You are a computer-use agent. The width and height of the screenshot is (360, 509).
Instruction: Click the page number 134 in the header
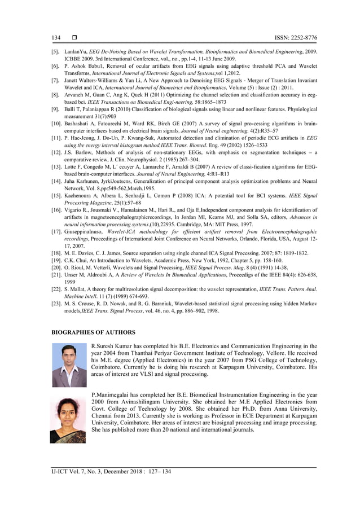click(56, 38)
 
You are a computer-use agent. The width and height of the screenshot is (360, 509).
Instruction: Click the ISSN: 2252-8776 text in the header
click(295, 38)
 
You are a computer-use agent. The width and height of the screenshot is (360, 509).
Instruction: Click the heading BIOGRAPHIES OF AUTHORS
click(94, 332)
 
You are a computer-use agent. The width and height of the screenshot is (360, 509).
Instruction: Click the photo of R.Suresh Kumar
click(69, 365)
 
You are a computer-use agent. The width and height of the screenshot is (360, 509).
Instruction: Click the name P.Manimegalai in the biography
click(113, 396)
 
